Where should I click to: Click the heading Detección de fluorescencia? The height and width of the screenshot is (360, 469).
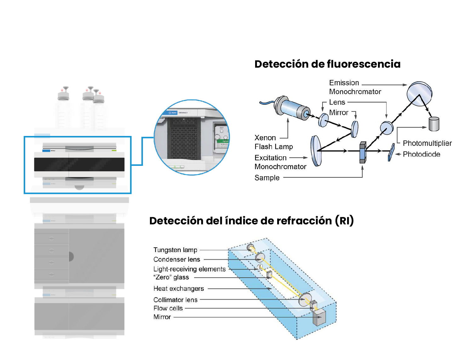(x=327, y=64)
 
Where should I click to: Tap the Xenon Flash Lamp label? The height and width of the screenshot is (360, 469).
(x=273, y=142)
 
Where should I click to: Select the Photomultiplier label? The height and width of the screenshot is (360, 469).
(x=427, y=143)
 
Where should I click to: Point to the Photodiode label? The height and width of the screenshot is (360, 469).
(x=421, y=154)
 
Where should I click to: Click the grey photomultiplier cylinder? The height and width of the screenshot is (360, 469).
(x=434, y=124)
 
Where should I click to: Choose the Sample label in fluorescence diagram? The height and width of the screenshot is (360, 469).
(x=267, y=178)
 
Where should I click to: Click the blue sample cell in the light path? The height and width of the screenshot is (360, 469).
(x=363, y=153)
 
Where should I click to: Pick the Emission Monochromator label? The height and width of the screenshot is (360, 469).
(x=355, y=87)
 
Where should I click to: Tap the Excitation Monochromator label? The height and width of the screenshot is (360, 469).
(x=280, y=162)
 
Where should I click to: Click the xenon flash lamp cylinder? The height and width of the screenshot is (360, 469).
(x=293, y=108)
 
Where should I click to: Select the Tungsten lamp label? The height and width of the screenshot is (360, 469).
(x=175, y=250)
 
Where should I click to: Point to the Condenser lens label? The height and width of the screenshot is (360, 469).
(x=177, y=259)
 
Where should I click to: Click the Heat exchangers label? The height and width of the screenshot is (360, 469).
(x=179, y=289)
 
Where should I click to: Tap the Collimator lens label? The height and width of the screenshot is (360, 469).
(x=175, y=300)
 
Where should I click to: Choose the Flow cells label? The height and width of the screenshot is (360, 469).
(x=168, y=308)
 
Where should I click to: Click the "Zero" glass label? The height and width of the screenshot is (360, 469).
(x=171, y=277)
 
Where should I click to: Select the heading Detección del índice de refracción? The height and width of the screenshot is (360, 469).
(x=251, y=221)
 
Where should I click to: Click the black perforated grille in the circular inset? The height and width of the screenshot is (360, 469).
(x=184, y=138)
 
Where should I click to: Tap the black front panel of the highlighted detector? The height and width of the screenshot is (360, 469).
(x=79, y=165)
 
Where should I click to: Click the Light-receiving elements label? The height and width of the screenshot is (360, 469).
(x=189, y=269)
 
